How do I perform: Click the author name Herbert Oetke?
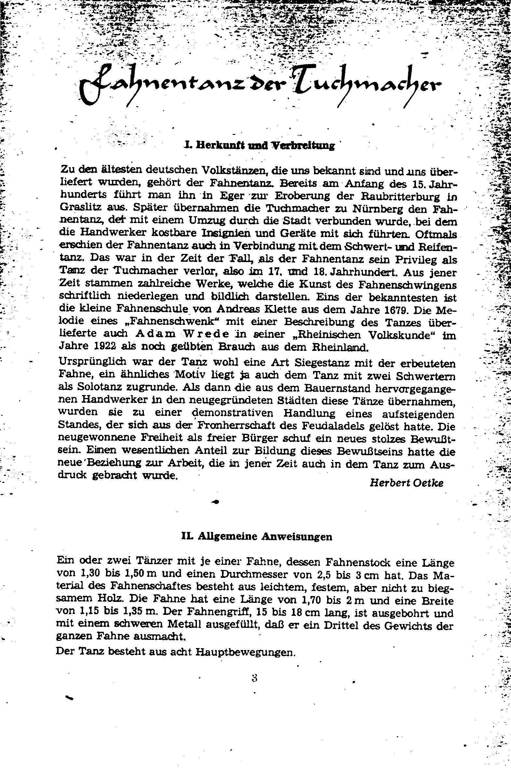(x=407, y=483)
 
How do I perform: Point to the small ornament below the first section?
(x=215, y=502)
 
